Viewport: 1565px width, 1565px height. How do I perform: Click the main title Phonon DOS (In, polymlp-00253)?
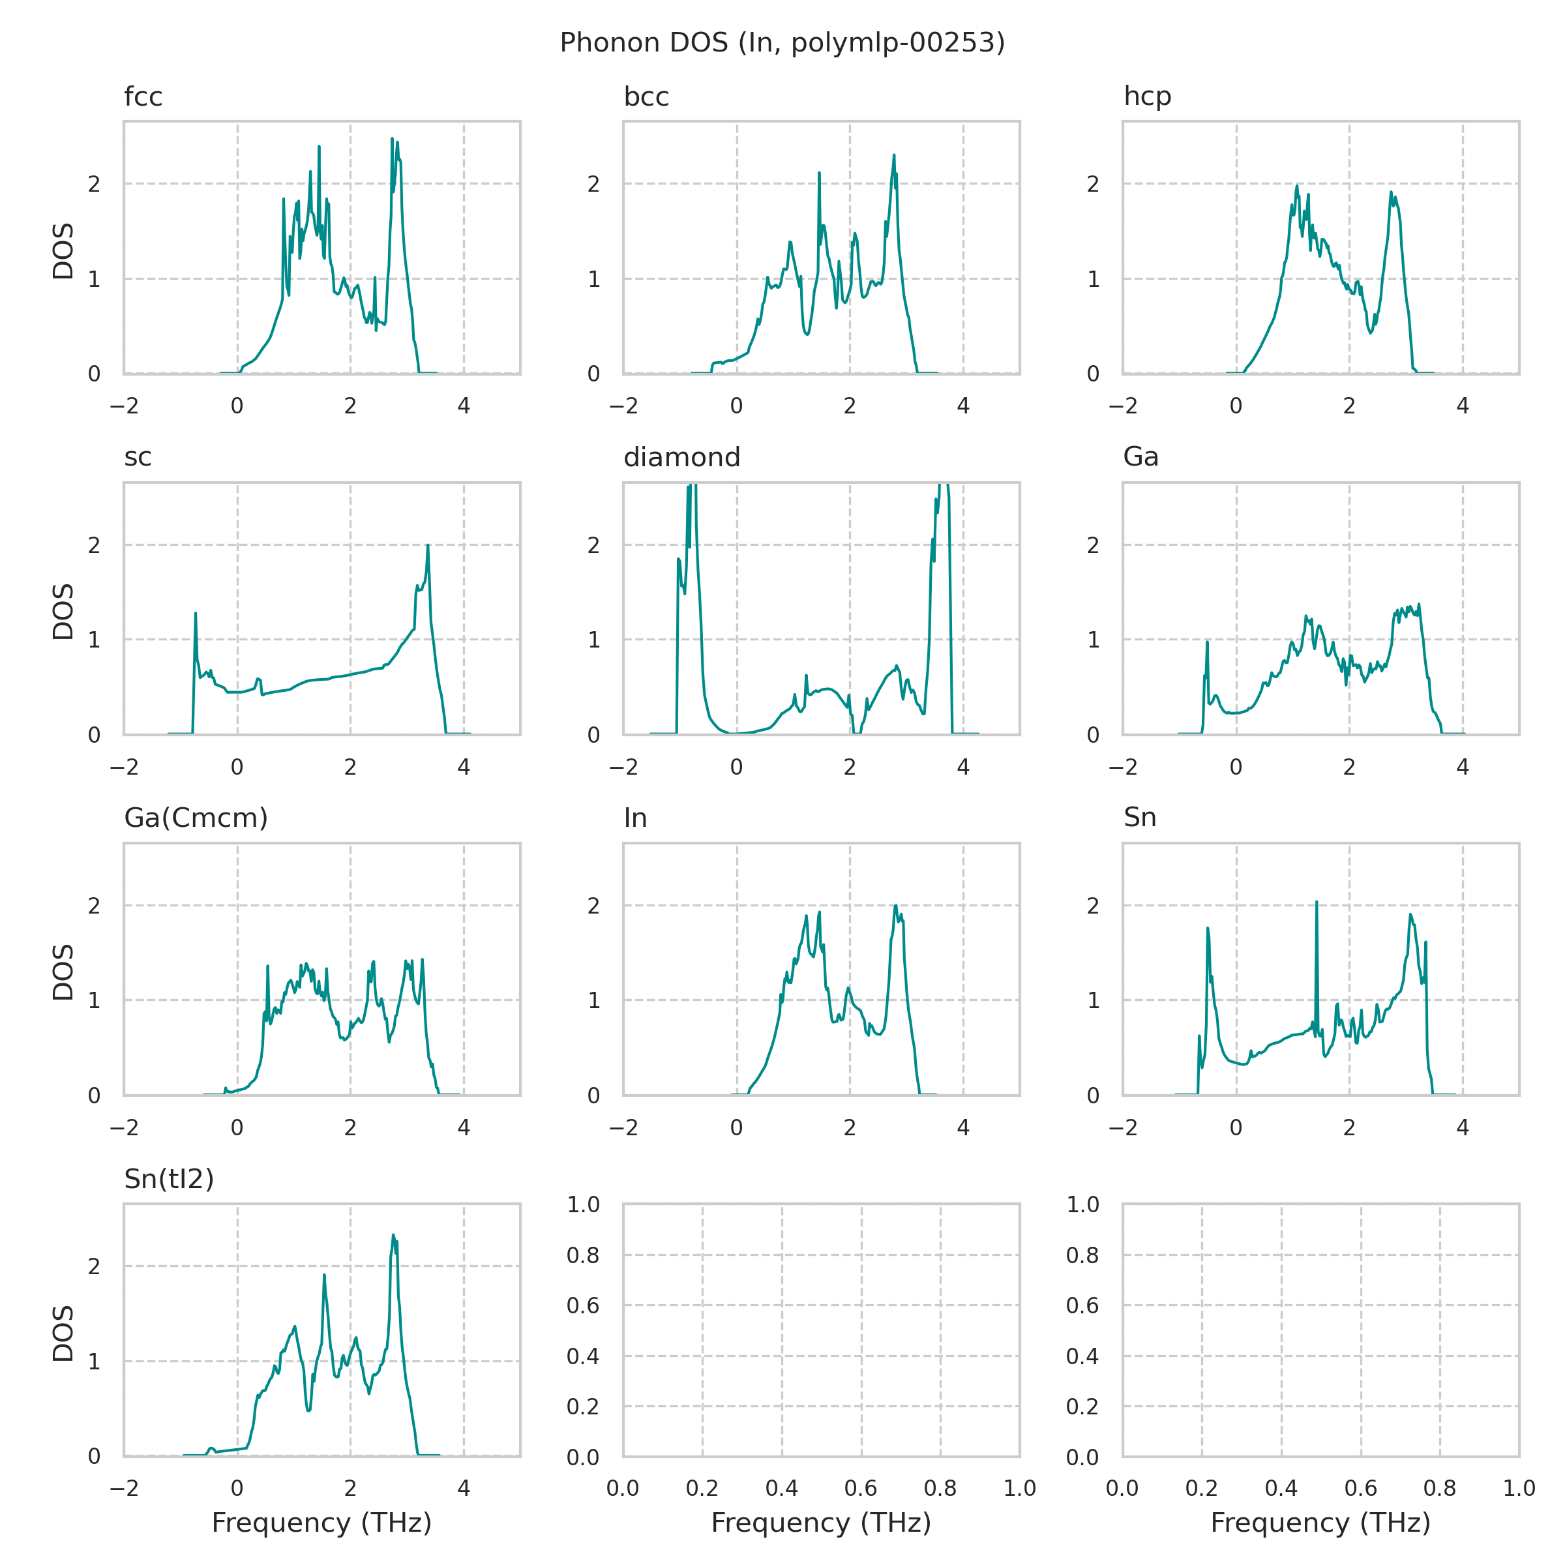[782, 42]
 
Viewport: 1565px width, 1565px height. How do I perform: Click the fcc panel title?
[143, 97]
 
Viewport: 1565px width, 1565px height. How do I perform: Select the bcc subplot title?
[646, 97]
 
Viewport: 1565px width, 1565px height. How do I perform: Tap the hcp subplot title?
[1147, 97]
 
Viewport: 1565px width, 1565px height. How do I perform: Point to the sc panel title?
[138, 457]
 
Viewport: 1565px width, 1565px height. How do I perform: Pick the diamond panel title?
[681, 457]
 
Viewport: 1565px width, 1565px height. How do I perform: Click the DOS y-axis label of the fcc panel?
[63, 250]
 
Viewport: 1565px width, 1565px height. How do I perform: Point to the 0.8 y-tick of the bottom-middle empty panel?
[582, 1255]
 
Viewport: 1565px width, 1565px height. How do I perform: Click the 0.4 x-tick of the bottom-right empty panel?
[1281, 1488]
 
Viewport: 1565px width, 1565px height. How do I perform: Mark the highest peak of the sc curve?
[428, 545]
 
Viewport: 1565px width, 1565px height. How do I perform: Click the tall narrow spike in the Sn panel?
[1317, 902]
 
